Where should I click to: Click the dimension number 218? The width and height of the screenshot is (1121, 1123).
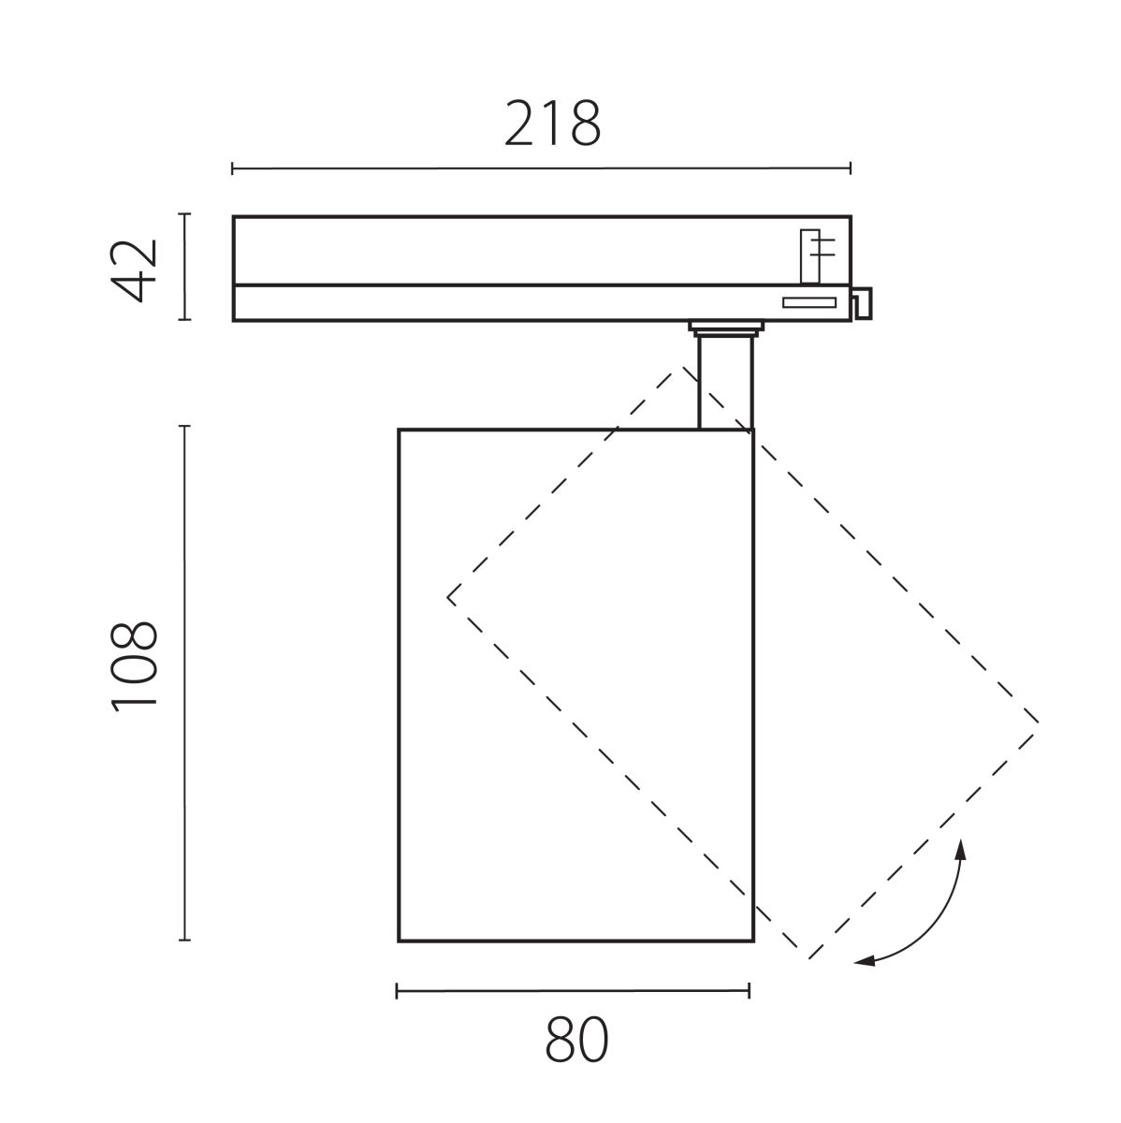(x=552, y=124)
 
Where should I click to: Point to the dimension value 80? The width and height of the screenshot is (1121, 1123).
(x=576, y=1039)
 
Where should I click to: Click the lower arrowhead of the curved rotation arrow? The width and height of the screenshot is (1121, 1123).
(x=861, y=961)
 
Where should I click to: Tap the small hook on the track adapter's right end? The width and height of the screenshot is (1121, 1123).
(x=862, y=301)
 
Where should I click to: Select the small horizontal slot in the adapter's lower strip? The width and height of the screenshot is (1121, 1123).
(x=809, y=301)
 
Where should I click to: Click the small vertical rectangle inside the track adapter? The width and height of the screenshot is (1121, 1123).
(x=809, y=255)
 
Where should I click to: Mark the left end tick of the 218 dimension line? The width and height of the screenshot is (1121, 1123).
(x=232, y=168)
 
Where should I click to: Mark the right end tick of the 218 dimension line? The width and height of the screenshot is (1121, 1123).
(x=850, y=168)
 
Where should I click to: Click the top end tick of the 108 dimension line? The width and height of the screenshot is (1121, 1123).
(x=184, y=427)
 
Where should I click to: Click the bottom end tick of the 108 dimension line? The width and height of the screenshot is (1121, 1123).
(x=184, y=940)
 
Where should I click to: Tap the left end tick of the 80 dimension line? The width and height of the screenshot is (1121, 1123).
(x=398, y=991)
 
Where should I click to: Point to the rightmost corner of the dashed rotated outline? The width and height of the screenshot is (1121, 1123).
(x=1039, y=722)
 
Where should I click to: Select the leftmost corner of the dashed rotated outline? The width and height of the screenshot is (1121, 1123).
(x=448, y=596)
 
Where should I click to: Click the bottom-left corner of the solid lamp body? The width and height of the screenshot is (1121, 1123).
(x=399, y=940)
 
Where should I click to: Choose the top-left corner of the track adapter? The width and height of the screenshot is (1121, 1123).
(x=234, y=217)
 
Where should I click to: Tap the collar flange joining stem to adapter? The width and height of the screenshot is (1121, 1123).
(x=725, y=328)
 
